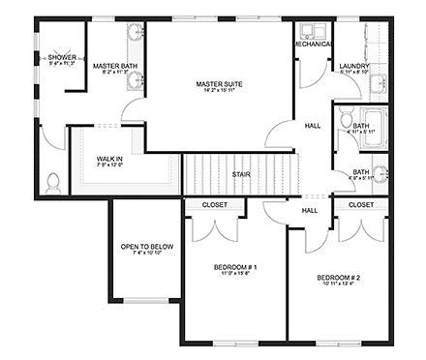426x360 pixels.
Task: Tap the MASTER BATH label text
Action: pyautogui.click(x=114, y=66)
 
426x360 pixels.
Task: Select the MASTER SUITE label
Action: pyautogui.click(x=219, y=84)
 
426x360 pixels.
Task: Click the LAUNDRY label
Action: pyautogui.click(x=353, y=66)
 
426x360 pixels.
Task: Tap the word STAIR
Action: pyautogui.click(x=242, y=175)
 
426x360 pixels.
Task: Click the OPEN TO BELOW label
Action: pyautogui.click(x=145, y=248)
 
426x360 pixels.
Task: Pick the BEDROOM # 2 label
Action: pyautogui.click(x=338, y=278)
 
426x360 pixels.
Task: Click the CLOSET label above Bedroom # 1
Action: pyautogui.click(x=215, y=205)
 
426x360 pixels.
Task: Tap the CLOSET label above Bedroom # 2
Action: pyautogui.click(x=360, y=205)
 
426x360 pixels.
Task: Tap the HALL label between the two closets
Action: pyautogui.click(x=309, y=210)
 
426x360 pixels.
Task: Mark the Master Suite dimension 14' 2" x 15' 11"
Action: pyautogui.click(x=219, y=93)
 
